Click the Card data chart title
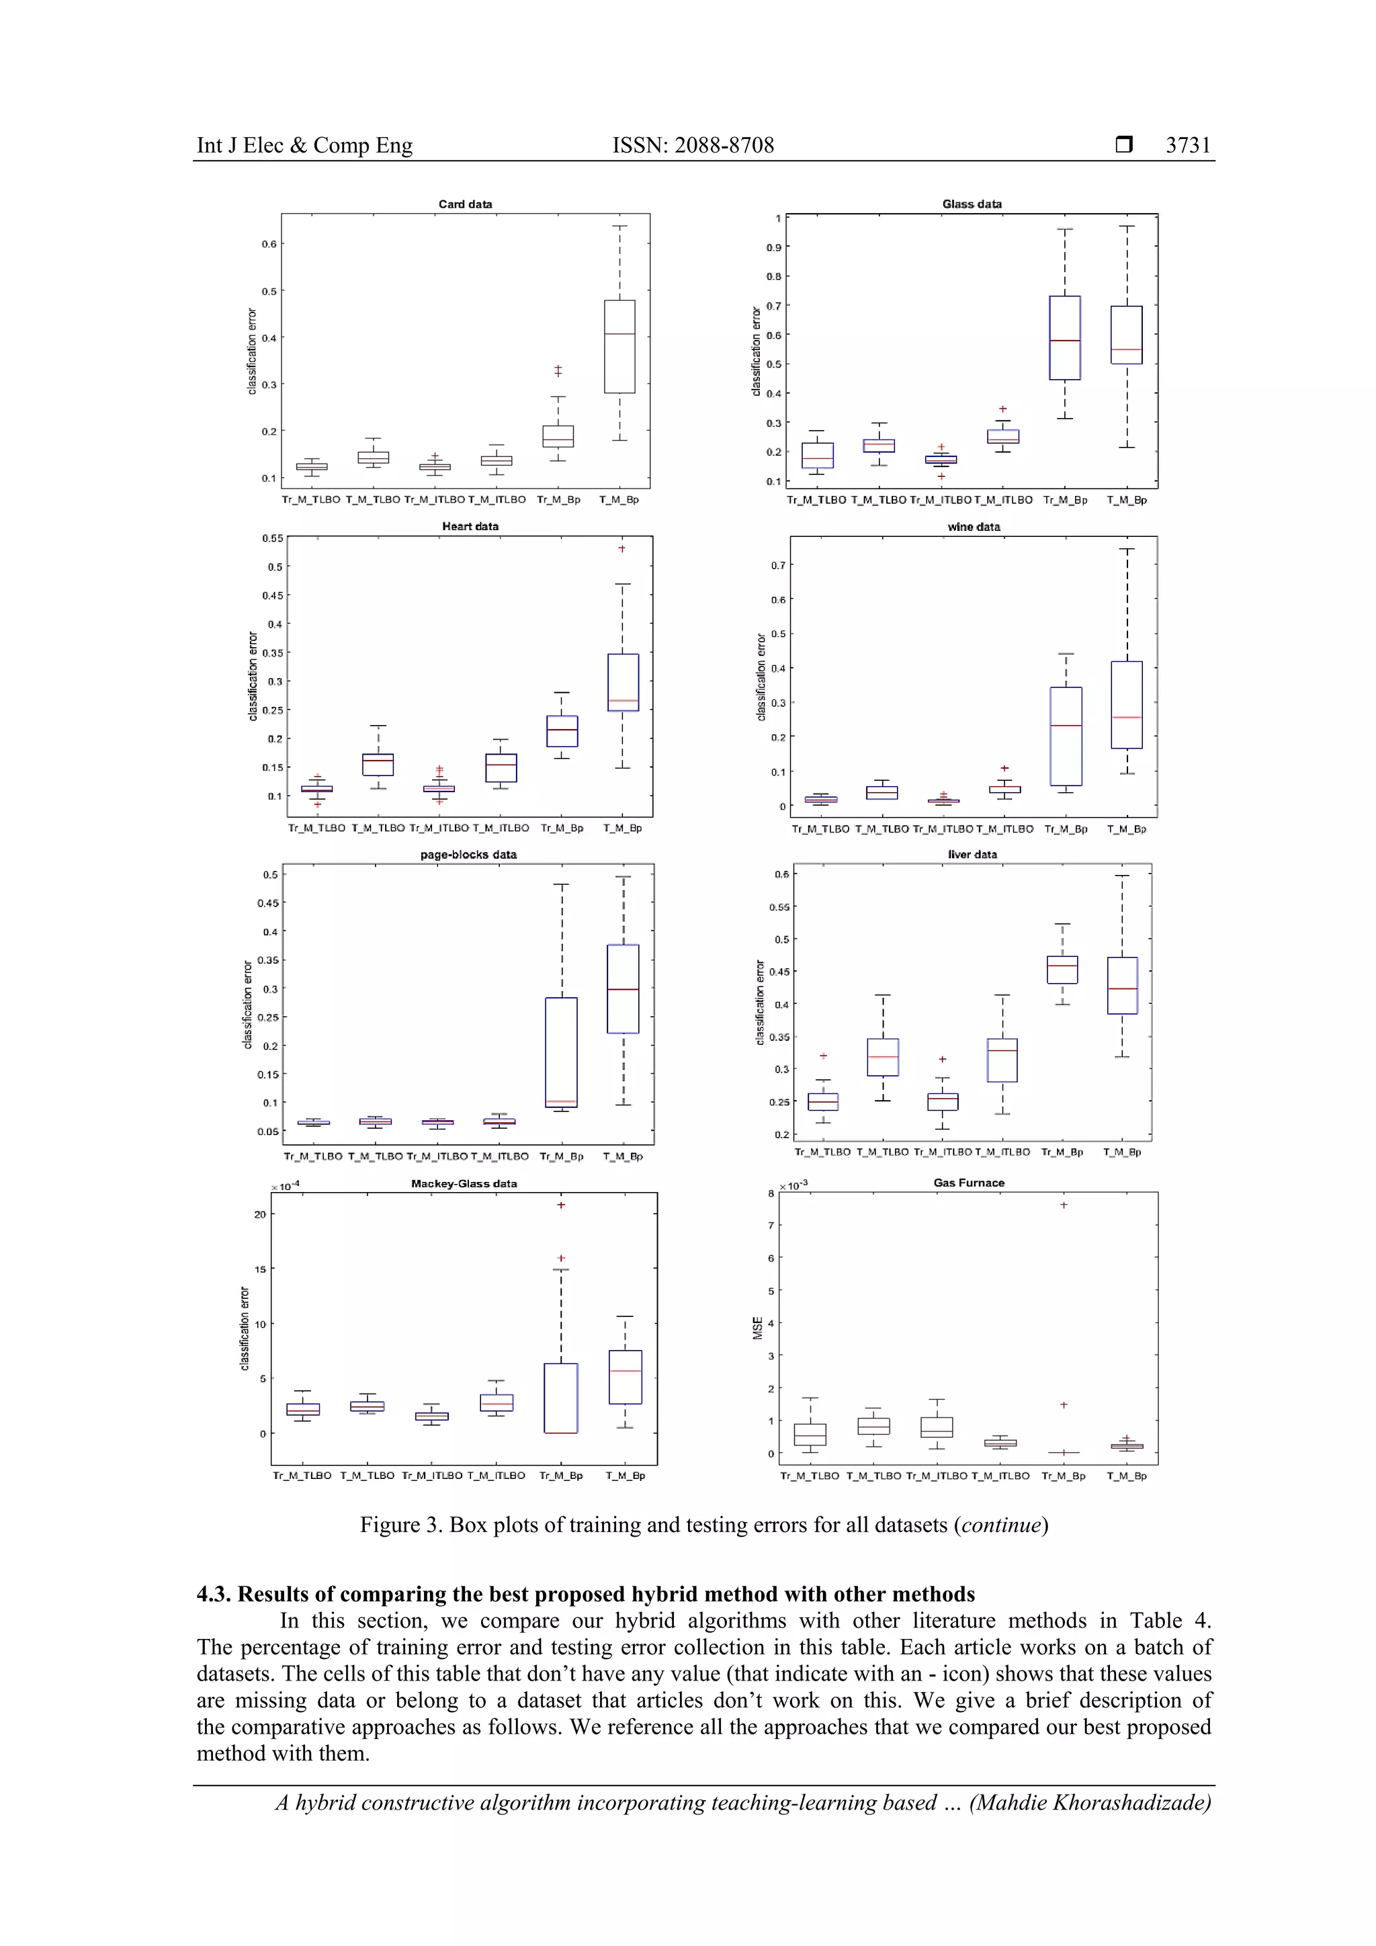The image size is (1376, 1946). pos(464,204)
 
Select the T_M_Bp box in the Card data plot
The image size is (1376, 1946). pos(619,347)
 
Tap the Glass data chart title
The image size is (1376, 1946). pos(971,204)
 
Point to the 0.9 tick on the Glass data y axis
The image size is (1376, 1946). pos(773,247)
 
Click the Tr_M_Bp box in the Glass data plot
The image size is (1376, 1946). pos(1064,338)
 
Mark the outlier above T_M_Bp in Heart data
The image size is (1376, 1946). pos(622,549)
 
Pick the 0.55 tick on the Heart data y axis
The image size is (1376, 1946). pos(272,538)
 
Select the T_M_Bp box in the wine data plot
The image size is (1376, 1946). pos(1126,705)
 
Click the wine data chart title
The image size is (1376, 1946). pos(974,527)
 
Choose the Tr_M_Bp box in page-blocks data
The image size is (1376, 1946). pos(561,1052)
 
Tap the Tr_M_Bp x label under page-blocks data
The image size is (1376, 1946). pos(561,1156)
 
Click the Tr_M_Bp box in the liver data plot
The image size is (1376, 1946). pos(1062,970)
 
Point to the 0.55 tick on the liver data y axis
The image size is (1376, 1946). pos(779,907)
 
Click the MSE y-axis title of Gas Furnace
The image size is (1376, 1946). pos(757,1327)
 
